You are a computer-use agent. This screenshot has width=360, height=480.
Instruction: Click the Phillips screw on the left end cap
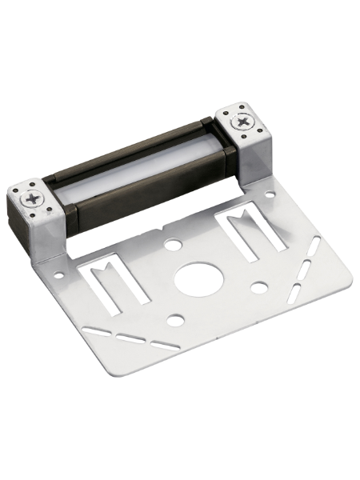[33, 198]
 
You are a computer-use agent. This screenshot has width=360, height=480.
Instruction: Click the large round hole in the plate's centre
[194, 277]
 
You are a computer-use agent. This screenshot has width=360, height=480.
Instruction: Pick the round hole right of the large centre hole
[258, 286]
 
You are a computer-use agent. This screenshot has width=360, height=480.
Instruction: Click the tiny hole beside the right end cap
[271, 193]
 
